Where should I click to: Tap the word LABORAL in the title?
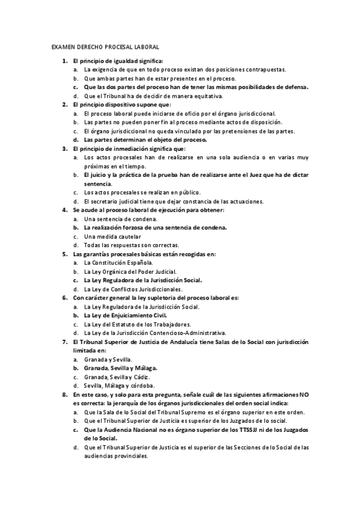145,46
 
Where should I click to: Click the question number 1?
64,61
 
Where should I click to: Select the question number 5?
64,254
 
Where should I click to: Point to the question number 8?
64,395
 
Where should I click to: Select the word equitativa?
204,96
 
